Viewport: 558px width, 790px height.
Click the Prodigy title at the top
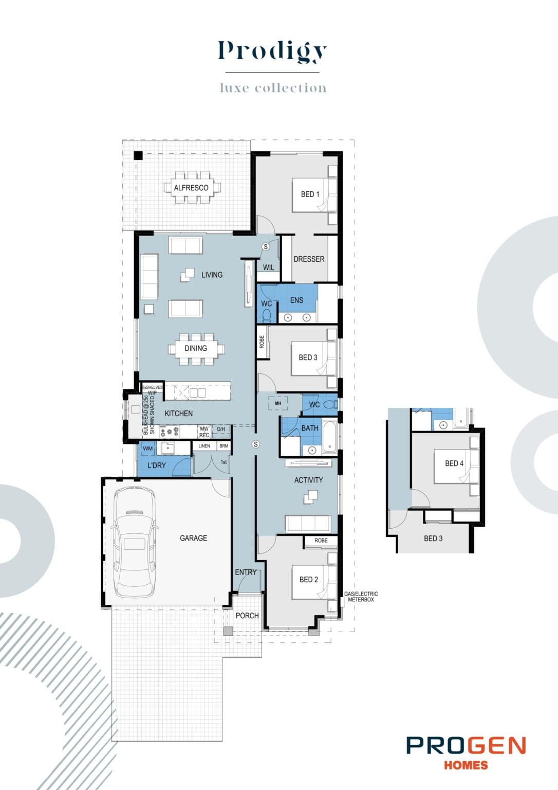272,51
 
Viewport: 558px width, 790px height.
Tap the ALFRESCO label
191,188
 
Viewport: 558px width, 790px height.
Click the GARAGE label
193,538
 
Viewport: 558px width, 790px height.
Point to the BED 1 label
310,194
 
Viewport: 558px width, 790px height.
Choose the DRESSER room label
309,259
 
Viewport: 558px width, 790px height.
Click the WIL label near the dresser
268,267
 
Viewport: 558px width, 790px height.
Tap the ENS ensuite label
296,300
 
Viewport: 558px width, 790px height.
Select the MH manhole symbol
278,403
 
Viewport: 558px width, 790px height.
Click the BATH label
310,428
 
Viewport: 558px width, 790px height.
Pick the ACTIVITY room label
308,480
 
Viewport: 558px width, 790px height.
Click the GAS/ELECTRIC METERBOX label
361,597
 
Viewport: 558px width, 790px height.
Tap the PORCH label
247,615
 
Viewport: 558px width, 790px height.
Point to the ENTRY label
246,572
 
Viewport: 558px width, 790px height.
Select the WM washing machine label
148,448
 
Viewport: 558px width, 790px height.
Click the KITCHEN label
179,414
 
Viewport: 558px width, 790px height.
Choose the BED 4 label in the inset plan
454,463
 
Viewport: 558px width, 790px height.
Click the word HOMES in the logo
466,765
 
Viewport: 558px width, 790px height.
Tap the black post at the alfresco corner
138,155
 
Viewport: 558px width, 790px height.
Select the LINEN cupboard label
204,446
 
